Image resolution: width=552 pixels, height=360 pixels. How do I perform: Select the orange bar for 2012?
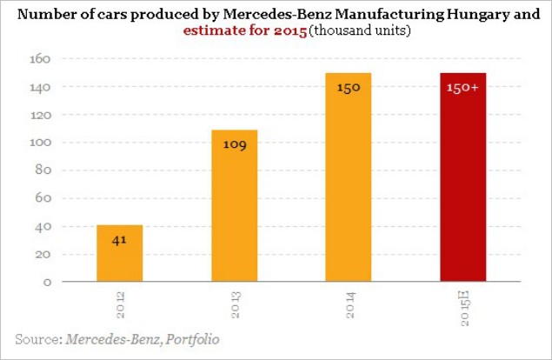click(x=120, y=253)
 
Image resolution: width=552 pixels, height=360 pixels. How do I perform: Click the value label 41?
click(x=120, y=239)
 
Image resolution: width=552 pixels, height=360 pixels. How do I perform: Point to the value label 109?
click(x=236, y=143)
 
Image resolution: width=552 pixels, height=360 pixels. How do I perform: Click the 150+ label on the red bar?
click(x=463, y=88)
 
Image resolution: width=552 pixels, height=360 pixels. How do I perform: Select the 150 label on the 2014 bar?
click(x=349, y=88)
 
